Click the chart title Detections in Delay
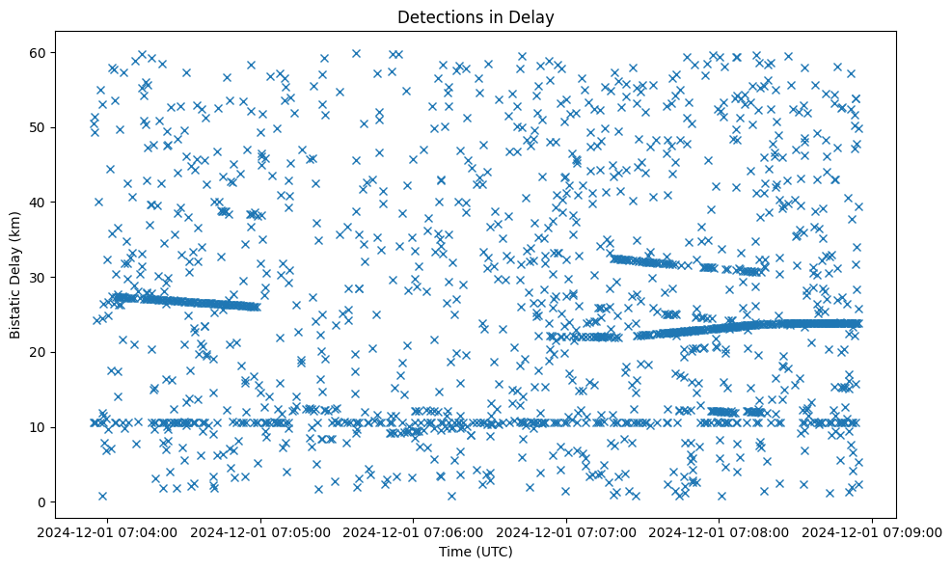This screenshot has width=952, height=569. click(x=476, y=16)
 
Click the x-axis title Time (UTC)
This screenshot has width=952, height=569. click(x=476, y=553)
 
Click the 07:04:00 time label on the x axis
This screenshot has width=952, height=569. click(x=107, y=531)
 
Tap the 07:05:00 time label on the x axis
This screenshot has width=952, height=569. click(x=260, y=531)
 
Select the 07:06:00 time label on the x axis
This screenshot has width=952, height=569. click(x=414, y=531)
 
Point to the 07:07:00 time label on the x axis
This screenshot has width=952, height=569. click(x=567, y=531)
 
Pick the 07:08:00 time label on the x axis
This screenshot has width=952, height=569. click(x=721, y=531)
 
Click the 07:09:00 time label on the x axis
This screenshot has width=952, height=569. click(x=874, y=531)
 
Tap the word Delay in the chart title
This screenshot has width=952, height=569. click(x=535, y=16)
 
